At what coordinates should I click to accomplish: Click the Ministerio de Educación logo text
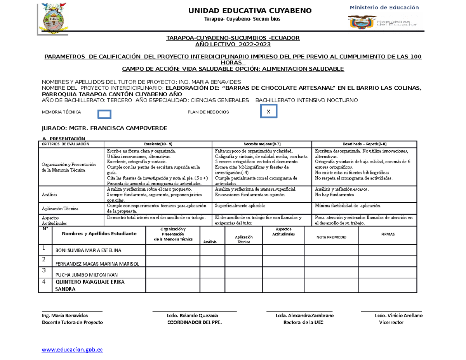[x=384, y=7]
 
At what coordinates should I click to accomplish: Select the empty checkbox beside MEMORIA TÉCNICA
[x=104, y=114]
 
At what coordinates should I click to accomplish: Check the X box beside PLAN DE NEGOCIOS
[x=268, y=112]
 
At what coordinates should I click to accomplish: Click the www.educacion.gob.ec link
[x=72, y=350]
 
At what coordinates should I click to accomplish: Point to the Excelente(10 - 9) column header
[x=158, y=144]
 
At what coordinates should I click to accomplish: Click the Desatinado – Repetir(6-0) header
[x=364, y=144]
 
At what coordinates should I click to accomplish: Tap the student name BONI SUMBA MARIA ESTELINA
[x=89, y=250]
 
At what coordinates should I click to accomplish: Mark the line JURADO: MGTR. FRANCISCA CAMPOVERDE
[x=105, y=128]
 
